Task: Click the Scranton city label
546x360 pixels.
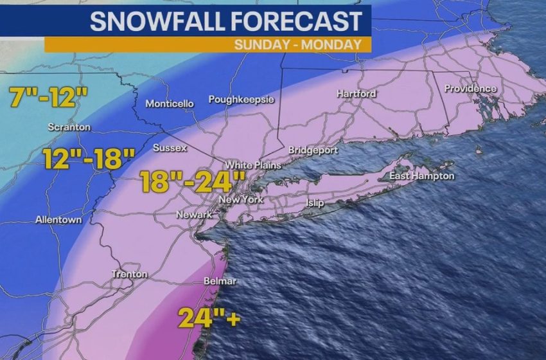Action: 69,127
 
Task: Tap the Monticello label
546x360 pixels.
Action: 170,104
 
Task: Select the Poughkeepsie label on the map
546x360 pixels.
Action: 242,100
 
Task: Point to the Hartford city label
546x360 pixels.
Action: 357,94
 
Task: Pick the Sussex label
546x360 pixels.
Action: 170,148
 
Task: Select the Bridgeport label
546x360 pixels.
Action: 313,150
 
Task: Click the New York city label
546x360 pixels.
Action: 242,200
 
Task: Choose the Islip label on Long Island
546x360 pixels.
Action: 315,203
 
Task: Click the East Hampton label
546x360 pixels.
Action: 421,176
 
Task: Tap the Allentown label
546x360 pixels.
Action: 59,220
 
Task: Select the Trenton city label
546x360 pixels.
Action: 130,274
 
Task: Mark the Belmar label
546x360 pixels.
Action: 220,282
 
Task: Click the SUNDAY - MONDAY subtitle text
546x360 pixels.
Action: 303,44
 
